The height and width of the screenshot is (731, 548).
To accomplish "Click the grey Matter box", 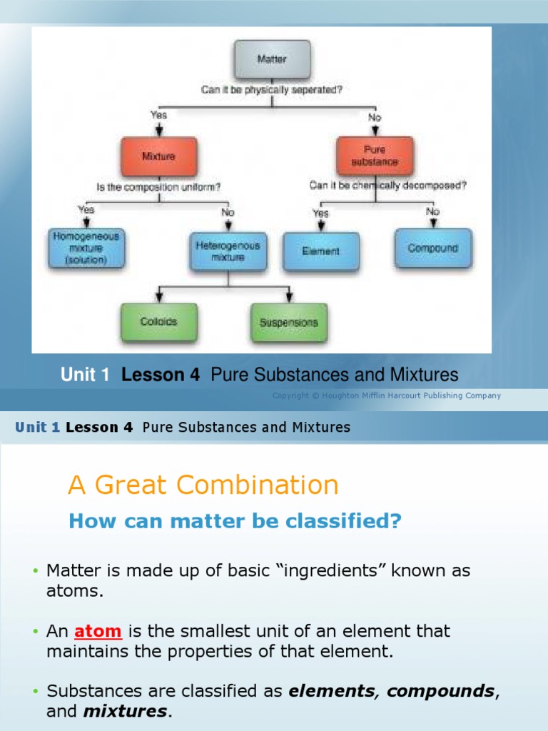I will click(x=272, y=59).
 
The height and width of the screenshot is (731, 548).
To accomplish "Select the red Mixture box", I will click(x=158, y=156).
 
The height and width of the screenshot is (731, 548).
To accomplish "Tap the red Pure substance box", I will click(x=375, y=156).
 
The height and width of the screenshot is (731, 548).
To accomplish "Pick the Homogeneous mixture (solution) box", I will click(x=86, y=248).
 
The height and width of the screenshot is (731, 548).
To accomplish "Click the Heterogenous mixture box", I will click(x=228, y=251).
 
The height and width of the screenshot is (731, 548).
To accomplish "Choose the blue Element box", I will click(x=321, y=251).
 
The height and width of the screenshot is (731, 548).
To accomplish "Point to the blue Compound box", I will click(x=432, y=248).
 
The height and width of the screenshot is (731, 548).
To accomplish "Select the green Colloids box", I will click(x=158, y=322).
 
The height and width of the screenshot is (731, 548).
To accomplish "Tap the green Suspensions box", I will click(x=288, y=322).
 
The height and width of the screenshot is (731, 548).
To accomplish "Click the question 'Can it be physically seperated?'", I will click(x=272, y=91).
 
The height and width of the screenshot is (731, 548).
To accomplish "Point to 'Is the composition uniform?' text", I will click(x=158, y=187).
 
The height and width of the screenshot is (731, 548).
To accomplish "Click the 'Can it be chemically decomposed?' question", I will click(x=388, y=185).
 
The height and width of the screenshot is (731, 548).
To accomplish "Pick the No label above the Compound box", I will click(x=432, y=211).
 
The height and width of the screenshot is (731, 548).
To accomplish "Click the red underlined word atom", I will click(x=98, y=631).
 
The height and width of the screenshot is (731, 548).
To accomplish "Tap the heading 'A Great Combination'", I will click(x=203, y=485).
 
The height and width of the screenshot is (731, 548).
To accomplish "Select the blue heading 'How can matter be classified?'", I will click(x=235, y=522).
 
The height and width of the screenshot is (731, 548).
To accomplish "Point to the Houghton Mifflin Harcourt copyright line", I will click(x=386, y=395).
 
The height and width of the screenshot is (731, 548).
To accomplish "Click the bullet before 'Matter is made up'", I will click(x=34, y=572).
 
